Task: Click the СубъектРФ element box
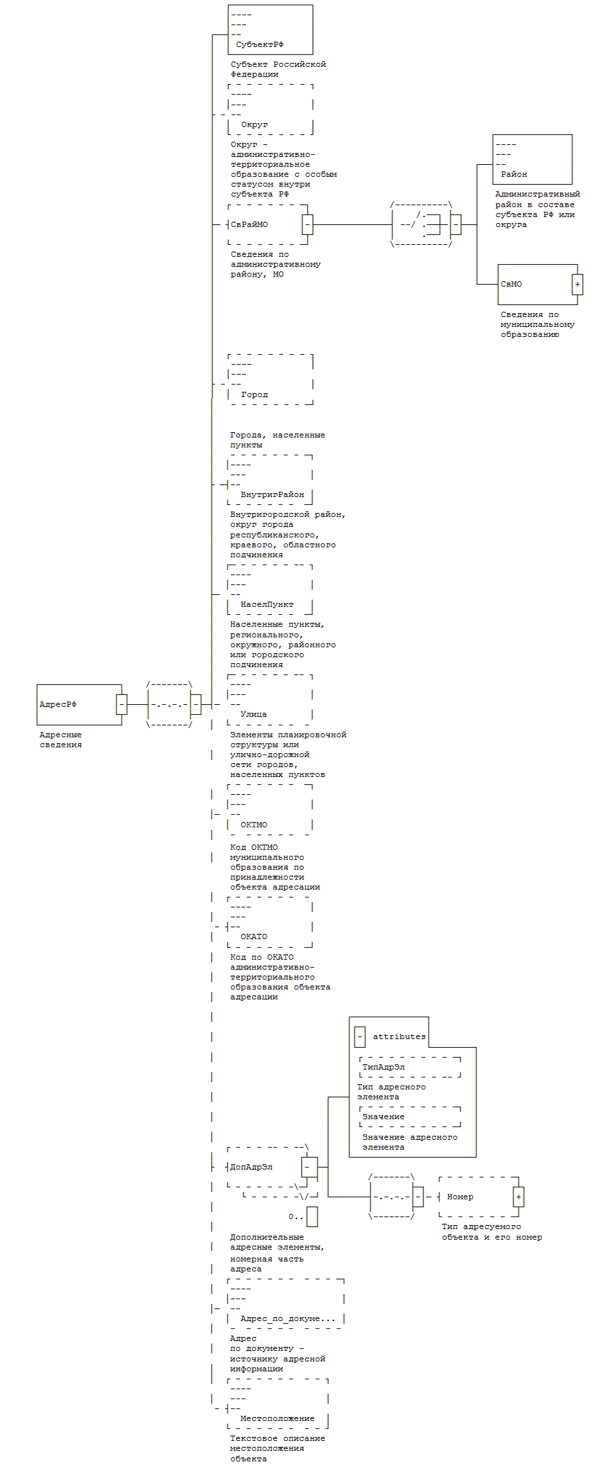[x=270, y=30]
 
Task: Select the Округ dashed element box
[x=270, y=110]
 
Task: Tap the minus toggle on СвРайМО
[x=307, y=225]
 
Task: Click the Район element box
[x=532, y=160]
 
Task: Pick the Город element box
[x=270, y=380]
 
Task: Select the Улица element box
[x=270, y=700]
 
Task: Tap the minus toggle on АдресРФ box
[x=122, y=705]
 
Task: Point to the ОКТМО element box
[x=270, y=810]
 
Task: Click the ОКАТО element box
[x=270, y=923]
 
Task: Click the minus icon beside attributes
[x=360, y=1037]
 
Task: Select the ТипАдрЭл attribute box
[x=410, y=1068]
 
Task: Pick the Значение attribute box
[x=410, y=1117]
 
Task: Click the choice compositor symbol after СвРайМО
[x=421, y=225]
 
